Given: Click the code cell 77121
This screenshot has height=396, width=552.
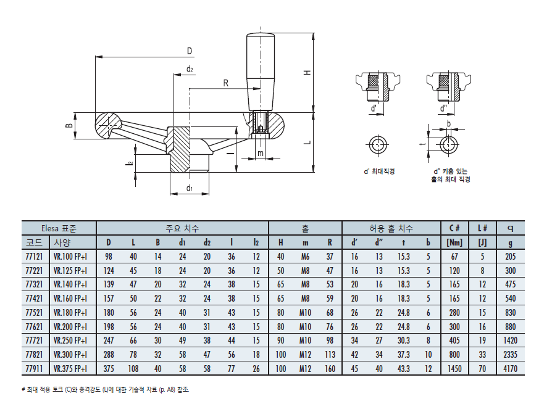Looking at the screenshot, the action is (x=34, y=257).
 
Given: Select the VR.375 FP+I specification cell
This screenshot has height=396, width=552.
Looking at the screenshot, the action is (x=70, y=369).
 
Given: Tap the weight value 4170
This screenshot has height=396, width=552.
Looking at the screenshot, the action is (x=510, y=369).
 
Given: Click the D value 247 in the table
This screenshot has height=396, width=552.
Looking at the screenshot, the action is (x=109, y=340).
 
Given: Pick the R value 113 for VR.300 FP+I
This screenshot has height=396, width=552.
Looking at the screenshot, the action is (x=330, y=355).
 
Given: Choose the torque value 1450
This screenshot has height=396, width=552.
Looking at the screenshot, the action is (x=454, y=369).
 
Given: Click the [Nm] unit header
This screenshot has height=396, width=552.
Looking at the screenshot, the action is (x=454, y=242).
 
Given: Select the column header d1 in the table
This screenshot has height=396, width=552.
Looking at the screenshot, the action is (x=182, y=242).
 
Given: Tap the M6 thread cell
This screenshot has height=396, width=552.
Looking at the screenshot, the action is (x=305, y=257).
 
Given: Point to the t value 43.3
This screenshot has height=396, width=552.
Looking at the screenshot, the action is (x=403, y=369).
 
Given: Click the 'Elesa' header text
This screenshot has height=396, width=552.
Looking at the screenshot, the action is (x=49, y=228).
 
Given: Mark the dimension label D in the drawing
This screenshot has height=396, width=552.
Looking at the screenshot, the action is (x=190, y=51).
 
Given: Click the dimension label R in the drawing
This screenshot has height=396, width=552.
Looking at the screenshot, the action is (x=225, y=83).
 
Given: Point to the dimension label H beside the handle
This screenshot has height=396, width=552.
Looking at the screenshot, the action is (x=307, y=72).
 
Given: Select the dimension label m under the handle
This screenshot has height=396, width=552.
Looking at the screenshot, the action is (x=260, y=154).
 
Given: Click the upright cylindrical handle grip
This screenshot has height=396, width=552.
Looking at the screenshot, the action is (x=260, y=72).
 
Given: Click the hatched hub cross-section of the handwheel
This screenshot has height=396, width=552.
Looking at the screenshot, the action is (x=180, y=149).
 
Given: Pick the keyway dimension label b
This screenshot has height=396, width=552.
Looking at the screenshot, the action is (x=448, y=123).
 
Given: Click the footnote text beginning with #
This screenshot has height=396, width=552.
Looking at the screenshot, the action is (x=105, y=389).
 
